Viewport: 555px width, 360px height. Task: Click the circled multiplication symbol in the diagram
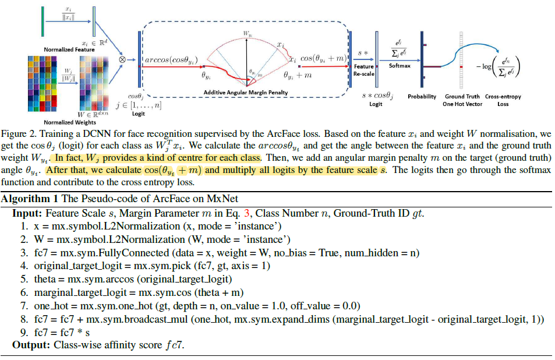point(123,58)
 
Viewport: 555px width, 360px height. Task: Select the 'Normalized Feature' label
point(69,50)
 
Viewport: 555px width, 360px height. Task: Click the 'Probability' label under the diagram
point(422,97)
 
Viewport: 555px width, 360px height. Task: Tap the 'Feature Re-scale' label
point(365,70)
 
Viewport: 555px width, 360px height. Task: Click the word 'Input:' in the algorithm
point(27,214)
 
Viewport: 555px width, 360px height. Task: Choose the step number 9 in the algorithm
point(23,332)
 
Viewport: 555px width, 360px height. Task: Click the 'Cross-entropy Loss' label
point(503,100)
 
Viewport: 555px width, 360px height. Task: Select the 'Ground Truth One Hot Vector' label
point(462,100)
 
